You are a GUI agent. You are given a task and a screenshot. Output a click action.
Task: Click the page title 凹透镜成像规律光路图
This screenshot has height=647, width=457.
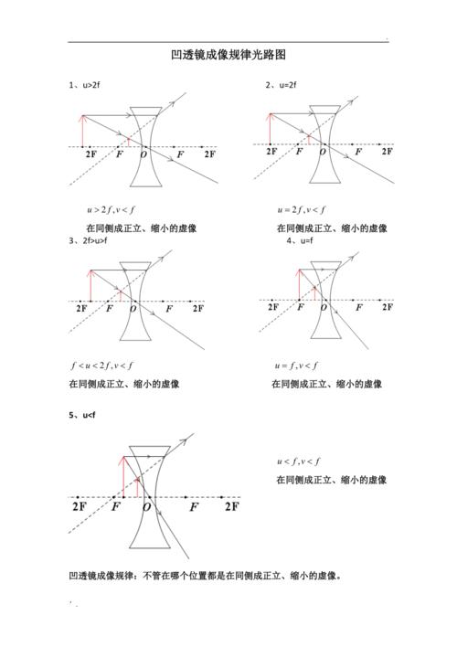[x=228, y=55]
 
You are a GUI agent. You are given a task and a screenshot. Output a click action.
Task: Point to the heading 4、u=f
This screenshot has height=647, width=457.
[x=302, y=241]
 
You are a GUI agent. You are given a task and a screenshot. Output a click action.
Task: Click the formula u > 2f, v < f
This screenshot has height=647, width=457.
[x=111, y=209]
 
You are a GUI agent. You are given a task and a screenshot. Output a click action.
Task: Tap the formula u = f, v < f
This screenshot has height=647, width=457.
[x=296, y=366]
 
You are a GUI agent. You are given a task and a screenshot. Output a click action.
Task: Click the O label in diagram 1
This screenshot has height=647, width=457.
[x=144, y=155]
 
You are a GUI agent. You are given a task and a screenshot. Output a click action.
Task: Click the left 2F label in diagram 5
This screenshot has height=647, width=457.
[x=80, y=506]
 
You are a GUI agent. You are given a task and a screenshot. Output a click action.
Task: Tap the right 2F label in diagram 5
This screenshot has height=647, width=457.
[x=232, y=506]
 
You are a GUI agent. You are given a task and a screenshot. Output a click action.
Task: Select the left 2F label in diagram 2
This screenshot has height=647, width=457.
[x=272, y=153]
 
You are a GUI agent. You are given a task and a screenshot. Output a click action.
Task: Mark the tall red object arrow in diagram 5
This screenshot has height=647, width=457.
[x=122, y=475]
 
